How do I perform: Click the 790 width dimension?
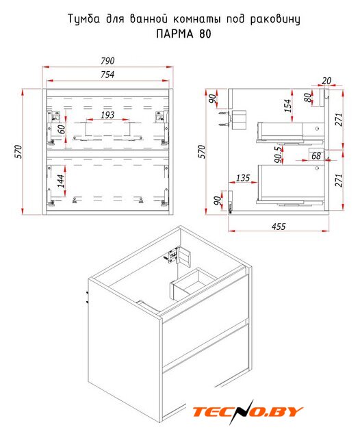point(107,61)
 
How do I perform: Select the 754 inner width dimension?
point(107,75)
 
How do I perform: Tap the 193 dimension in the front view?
point(107,115)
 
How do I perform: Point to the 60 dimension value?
point(61,129)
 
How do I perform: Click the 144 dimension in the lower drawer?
point(61,181)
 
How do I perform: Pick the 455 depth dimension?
point(279,227)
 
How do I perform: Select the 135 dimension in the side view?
point(243,178)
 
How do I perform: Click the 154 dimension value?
point(287,105)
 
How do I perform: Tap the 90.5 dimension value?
point(278,155)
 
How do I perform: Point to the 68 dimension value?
point(316,155)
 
